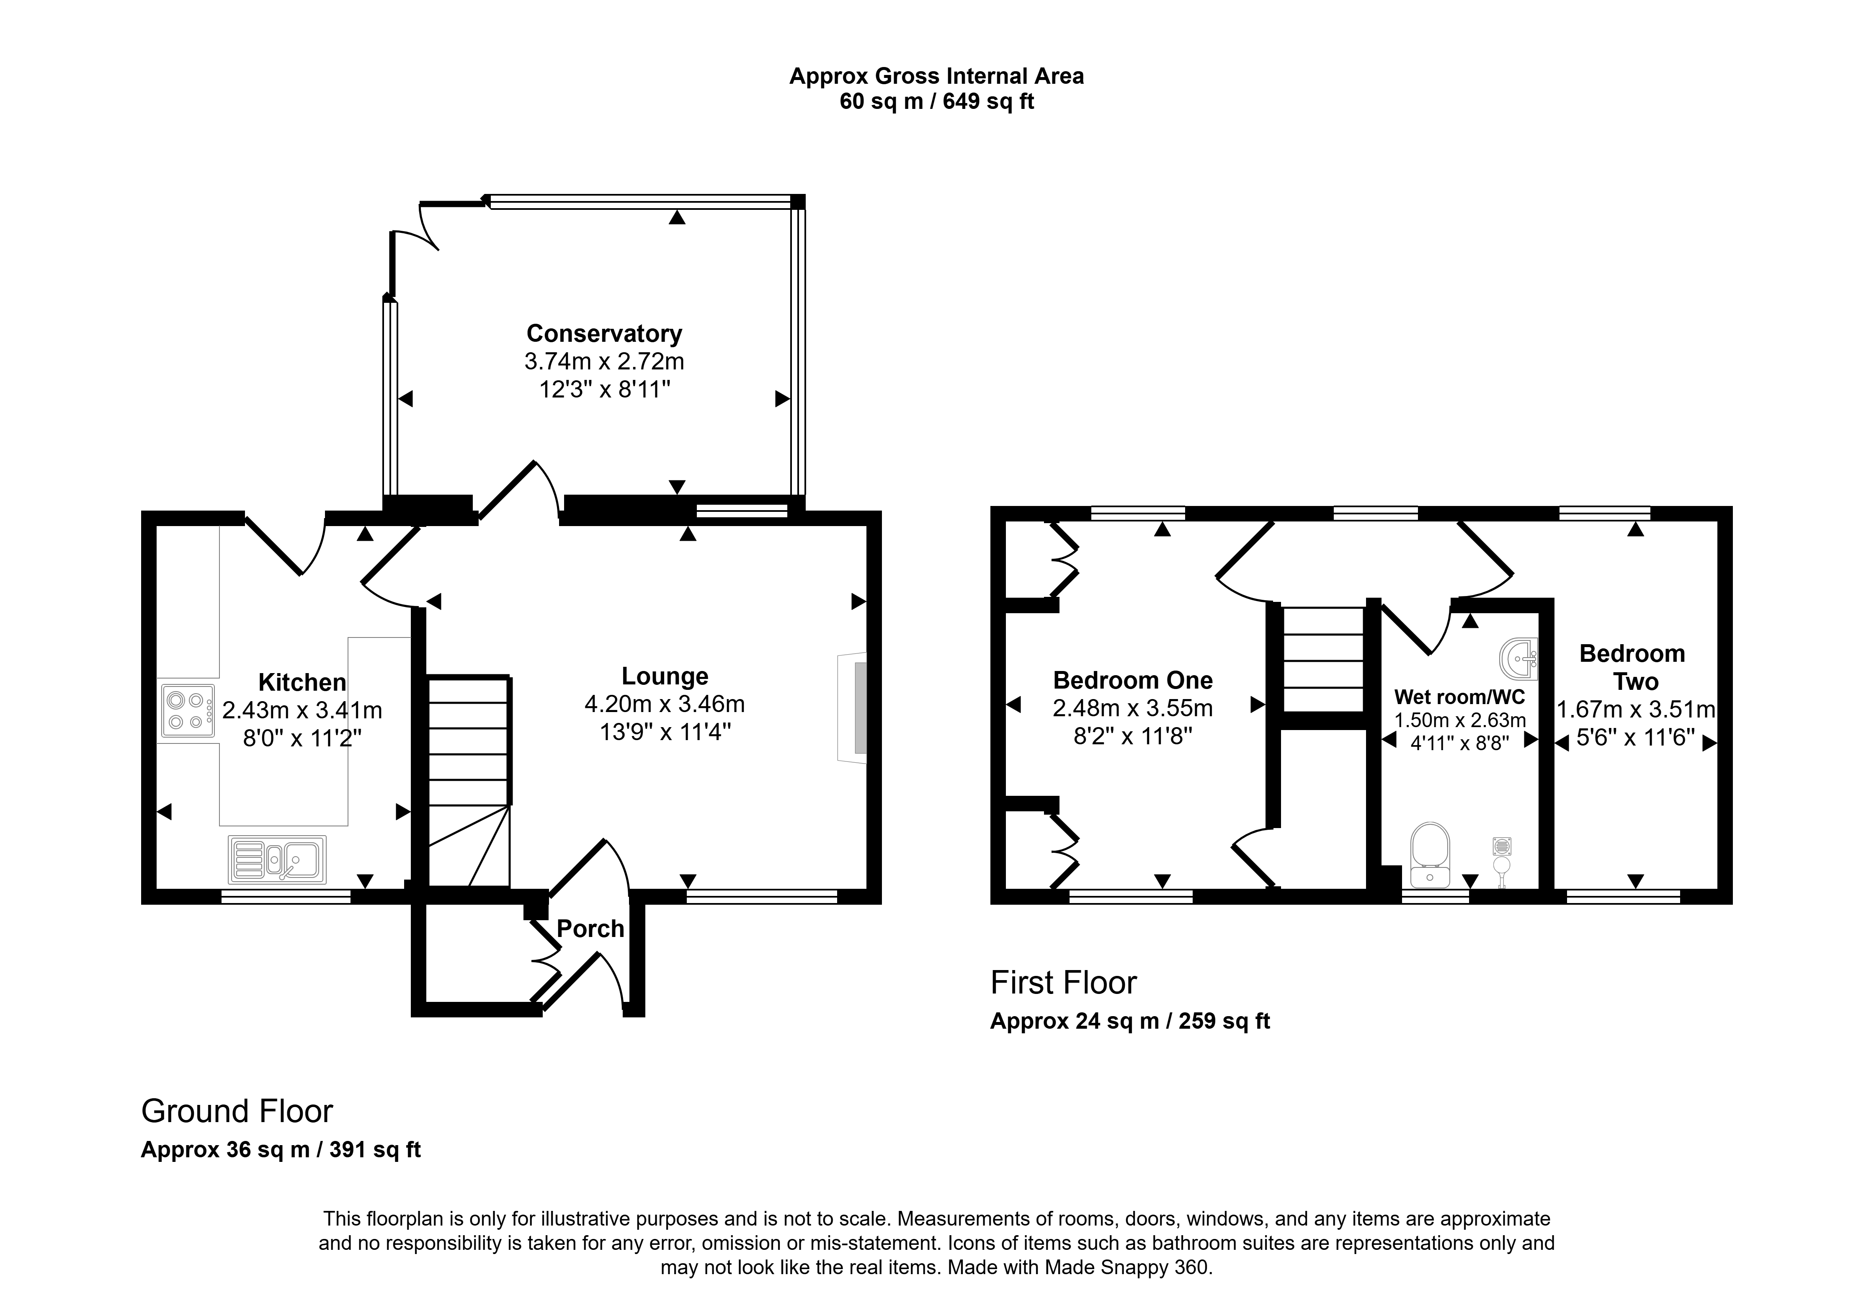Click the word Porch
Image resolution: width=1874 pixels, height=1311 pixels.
590,929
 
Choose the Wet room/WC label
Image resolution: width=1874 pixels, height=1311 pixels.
1459,697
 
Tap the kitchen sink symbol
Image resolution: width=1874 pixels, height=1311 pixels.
278,859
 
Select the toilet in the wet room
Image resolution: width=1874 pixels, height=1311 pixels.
1430,855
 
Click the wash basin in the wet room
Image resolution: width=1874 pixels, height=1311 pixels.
1520,659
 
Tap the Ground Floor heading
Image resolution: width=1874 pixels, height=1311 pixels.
237,1111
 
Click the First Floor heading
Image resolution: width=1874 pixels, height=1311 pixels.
1064,983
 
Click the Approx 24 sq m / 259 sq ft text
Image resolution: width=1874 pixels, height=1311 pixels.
1130,1021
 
